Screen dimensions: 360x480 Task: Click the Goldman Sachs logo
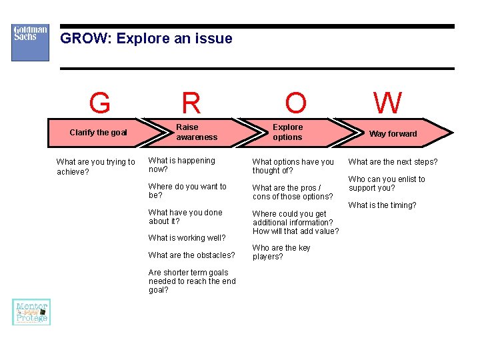pyautogui.click(x=30, y=43)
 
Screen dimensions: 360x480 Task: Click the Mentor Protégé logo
pyautogui.click(x=31, y=312)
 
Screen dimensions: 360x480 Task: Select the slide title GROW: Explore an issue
pyautogui.click(x=146, y=39)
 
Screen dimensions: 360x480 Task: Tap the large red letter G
pyautogui.click(x=99, y=103)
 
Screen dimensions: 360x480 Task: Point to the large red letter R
pyautogui.click(x=191, y=103)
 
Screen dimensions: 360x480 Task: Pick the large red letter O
pyautogui.click(x=295, y=103)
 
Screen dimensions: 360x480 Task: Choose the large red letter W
pyautogui.click(x=387, y=103)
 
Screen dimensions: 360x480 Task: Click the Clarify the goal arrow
pyautogui.click(x=98, y=133)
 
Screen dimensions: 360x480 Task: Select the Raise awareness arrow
pyautogui.click(x=197, y=132)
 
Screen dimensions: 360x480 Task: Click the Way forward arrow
pyautogui.click(x=393, y=133)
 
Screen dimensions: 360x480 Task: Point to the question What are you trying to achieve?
pyautogui.click(x=95, y=167)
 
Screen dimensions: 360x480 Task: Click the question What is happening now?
pyautogui.click(x=181, y=165)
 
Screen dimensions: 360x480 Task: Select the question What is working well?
pyautogui.click(x=187, y=238)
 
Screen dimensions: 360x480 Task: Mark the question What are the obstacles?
pyautogui.click(x=191, y=255)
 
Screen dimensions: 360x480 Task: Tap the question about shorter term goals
pyautogui.click(x=192, y=281)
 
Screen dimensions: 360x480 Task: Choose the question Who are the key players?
pyautogui.click(x=281, y=252)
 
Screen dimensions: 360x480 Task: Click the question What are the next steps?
pyautogui.click(x=393, y=162)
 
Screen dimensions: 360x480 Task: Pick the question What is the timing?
pyautogui.click(x=382, y=205)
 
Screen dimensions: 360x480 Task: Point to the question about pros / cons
pyautogui.click(x=292, y=192)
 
